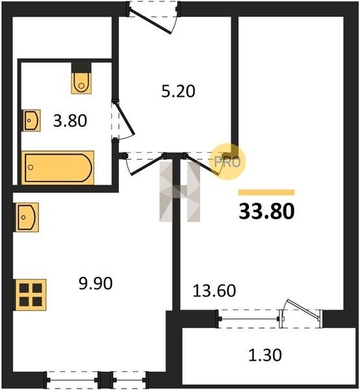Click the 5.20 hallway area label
coord(178,91)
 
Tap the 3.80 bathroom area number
coord(70,121)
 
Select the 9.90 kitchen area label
coord(96,283)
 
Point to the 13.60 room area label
coord(214,291)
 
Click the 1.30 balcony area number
coord(265,355)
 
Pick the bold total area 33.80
coord(266,211)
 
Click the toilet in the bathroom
coord(81,83)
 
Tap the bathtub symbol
coord(58,168)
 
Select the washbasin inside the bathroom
coord(32,120)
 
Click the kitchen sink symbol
coord(27,217)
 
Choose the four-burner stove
coord(31,294)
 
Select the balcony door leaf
coord(303,309)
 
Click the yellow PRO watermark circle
coord(227,162)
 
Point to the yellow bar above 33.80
coord(266,192)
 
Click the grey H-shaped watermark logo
coord(179,192)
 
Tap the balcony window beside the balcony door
coord(249,319)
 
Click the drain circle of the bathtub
coord(31,167)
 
